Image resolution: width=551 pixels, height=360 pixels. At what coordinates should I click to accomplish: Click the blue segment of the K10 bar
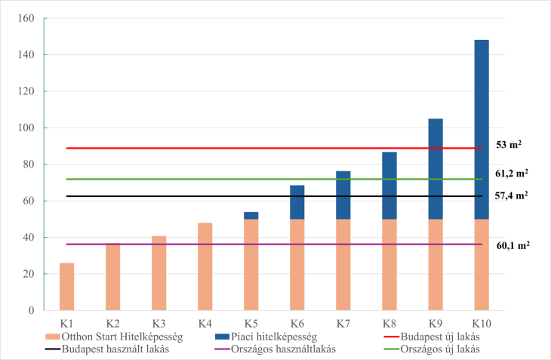(481, 129)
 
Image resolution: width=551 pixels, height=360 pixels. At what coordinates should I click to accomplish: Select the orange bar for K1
(66, 287)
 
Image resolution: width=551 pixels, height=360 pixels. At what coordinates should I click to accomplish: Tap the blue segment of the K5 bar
(251, 216)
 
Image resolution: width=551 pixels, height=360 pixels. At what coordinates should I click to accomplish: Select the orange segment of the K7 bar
(343, 264)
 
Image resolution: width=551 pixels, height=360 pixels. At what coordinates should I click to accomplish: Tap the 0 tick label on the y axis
(31, 310)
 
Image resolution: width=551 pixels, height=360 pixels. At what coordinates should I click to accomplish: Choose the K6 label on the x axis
(297, 324)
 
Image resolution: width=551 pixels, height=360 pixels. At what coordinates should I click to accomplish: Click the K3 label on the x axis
(159, 324)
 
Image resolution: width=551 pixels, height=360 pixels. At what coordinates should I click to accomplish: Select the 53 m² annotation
(509, 144)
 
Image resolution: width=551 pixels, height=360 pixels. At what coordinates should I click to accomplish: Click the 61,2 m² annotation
(511, 172)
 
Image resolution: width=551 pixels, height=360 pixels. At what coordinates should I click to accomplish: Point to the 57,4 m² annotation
(511, 195)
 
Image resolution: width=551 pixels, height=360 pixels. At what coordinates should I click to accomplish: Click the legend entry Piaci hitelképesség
(263, 337)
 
